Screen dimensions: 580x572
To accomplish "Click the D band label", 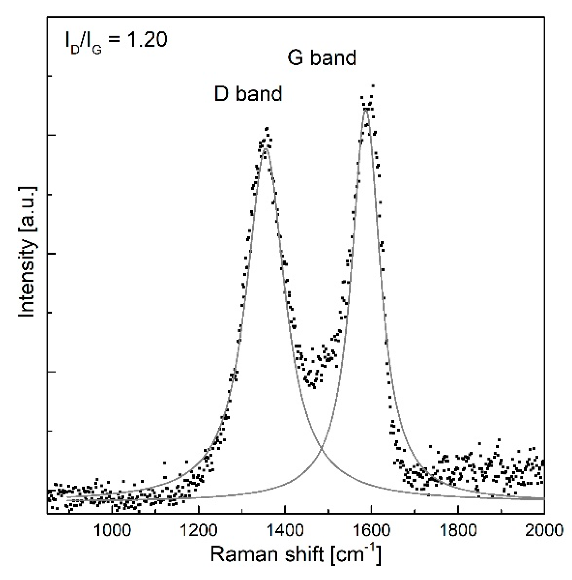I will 248,93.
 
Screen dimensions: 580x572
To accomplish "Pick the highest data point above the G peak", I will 373,86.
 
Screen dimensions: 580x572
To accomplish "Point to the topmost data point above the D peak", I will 266,129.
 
